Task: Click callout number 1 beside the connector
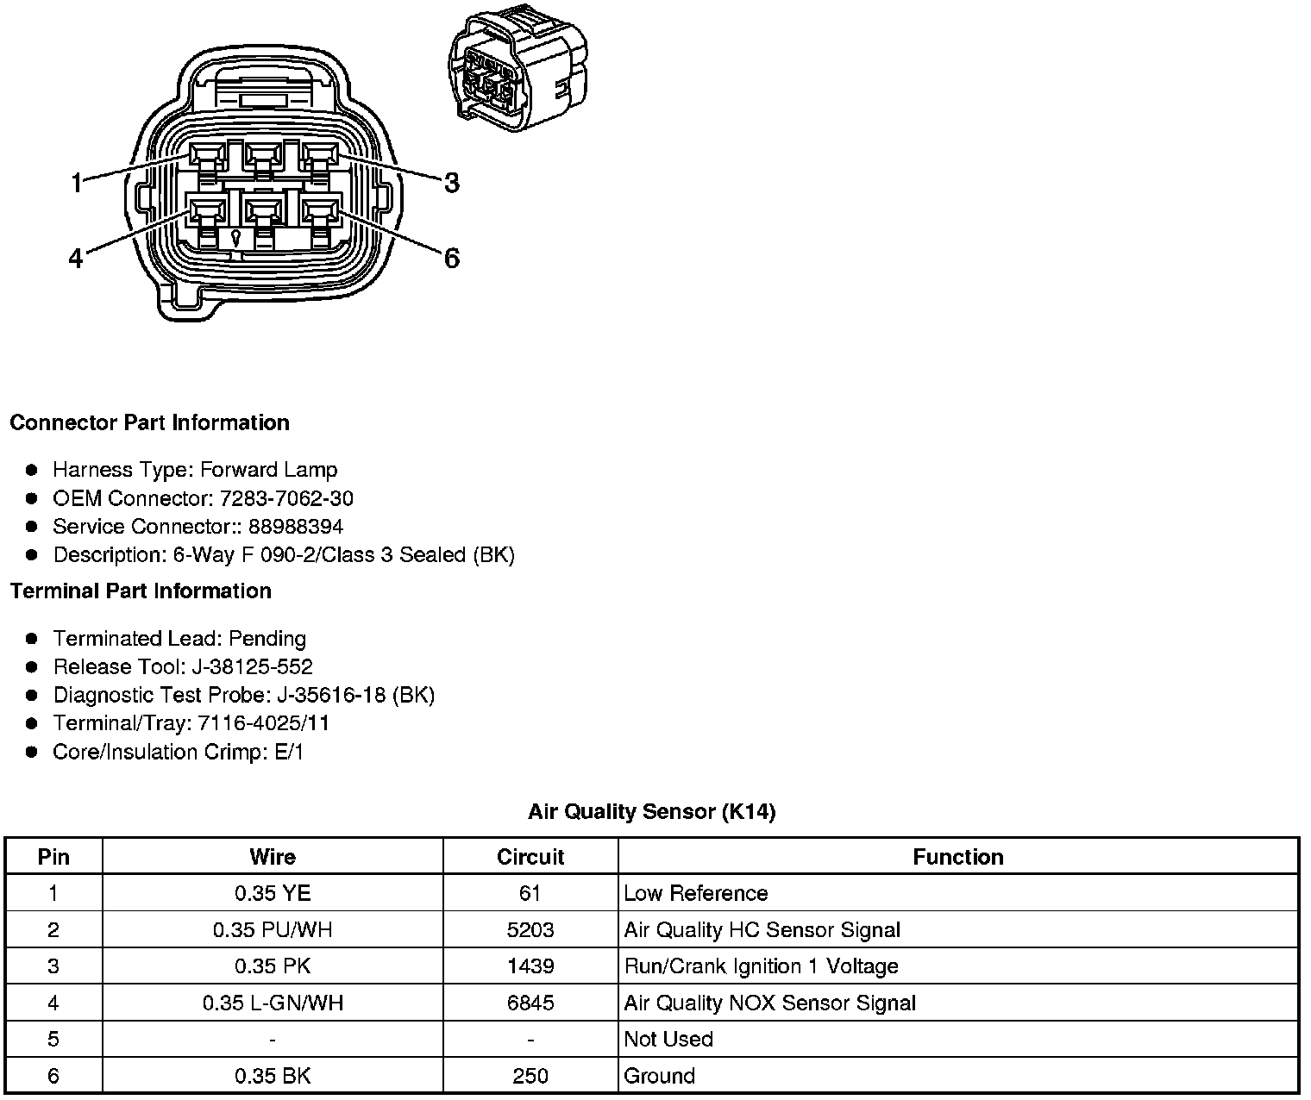coord(76,183)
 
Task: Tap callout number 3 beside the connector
coord(452,183)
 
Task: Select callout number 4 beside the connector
coord(76,258)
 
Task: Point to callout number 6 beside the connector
coord(452,258)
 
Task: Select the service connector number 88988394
coord(296,527)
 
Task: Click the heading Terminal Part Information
coord(141,591)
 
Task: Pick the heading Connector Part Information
coord(149,422)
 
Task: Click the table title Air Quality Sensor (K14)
coord(651,811)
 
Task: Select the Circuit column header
coord(530,857)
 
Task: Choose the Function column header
coord(957,857)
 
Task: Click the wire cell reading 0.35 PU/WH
coord(273,930)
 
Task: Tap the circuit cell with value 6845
coord(530,1003)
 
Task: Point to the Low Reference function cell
coord(695,893)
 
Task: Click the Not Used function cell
coord(668,1039)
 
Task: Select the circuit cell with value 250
coord(530,1076)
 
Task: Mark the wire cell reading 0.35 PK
coord(273,966)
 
